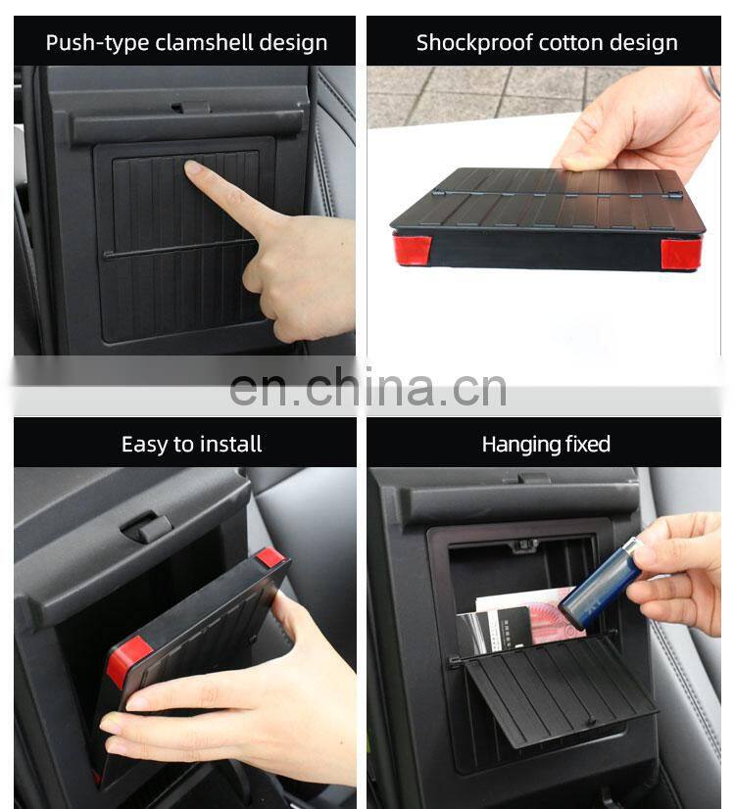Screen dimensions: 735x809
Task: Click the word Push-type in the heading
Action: tap(98, 43)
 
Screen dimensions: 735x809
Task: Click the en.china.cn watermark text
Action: tap(367, 388)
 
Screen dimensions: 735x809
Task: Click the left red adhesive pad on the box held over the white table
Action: tap(412, 250)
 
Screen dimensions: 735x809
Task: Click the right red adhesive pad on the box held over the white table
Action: tap(681, 254)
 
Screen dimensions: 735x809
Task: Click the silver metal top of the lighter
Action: tap(631, 547)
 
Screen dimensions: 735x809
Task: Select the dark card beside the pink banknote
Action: tap(509, 630)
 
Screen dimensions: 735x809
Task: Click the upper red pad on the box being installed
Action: tap(269, 556)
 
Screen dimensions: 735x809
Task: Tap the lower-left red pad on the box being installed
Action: tap(127, 661)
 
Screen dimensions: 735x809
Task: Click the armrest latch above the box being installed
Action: tap(146, 527)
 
